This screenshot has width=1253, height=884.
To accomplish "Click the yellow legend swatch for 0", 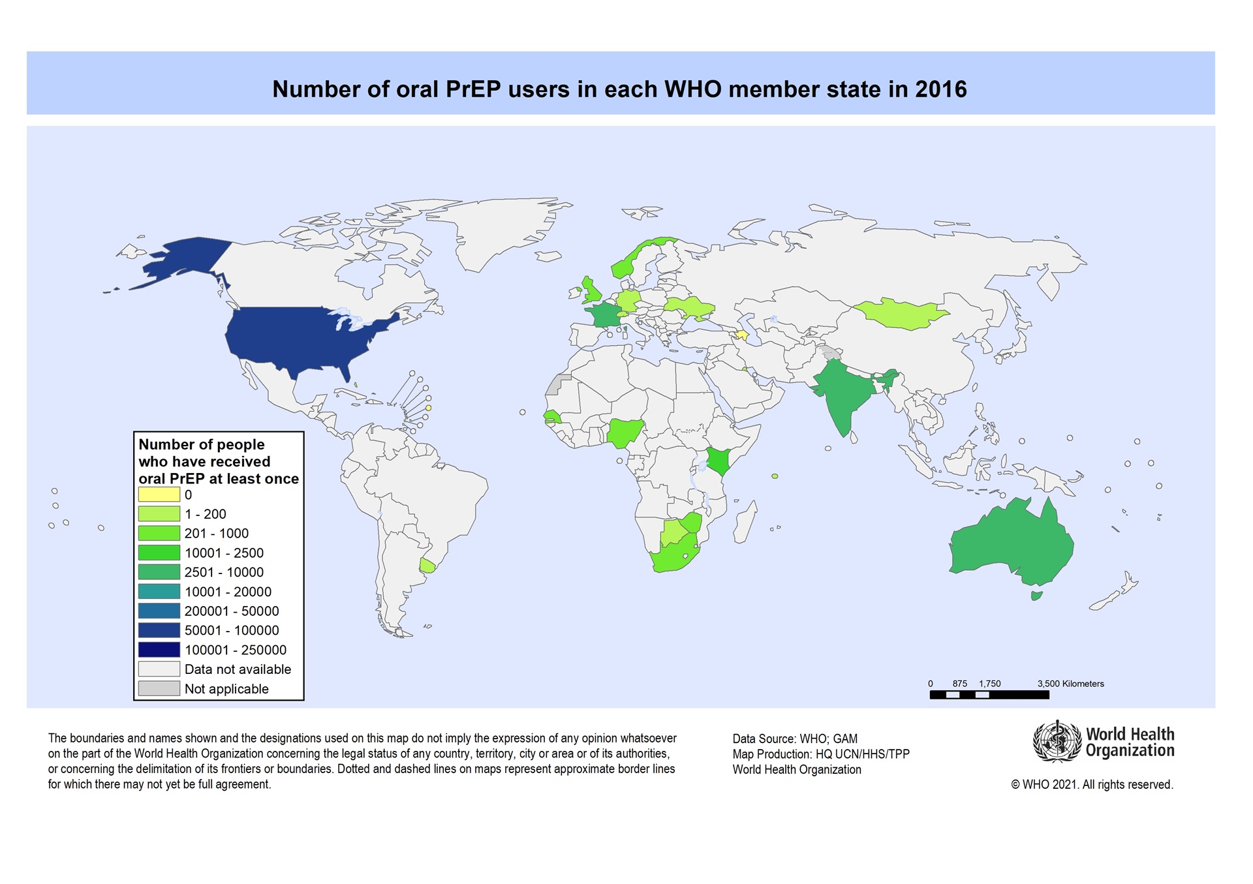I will (159, 495).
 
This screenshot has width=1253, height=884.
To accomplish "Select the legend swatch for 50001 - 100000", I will (159, 630).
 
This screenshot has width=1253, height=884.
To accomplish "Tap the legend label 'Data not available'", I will (238, 669).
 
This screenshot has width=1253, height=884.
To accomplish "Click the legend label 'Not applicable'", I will (226, 689).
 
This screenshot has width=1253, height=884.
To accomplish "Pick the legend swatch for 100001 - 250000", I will (159, 650).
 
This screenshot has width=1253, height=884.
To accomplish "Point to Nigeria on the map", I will (625, 433).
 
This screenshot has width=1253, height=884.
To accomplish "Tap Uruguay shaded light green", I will (427, 565).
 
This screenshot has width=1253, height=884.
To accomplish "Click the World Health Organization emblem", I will (1057, 741).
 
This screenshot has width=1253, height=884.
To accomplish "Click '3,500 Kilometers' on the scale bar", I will (1070, 684).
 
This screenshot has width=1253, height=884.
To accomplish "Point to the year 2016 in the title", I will (940, 89).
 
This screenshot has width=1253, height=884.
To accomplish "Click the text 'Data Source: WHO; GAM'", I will (795, 739).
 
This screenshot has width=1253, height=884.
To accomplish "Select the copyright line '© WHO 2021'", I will (1092, 785).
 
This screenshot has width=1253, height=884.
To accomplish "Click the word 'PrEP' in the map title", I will (474, 89).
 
